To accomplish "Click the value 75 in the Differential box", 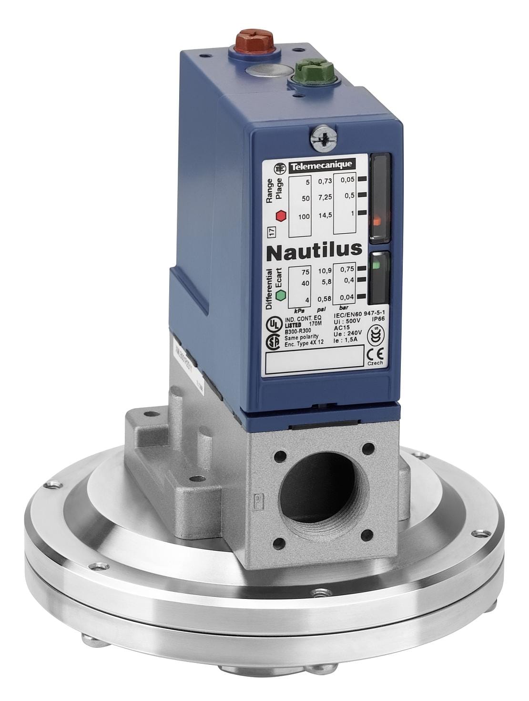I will (305, 273).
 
